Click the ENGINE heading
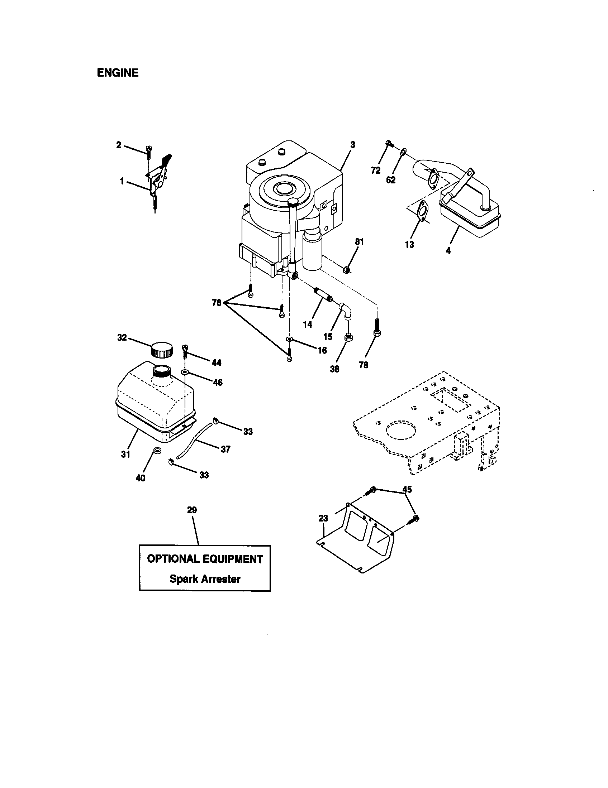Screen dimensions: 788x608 [118, 73]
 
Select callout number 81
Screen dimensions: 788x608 [359, 242]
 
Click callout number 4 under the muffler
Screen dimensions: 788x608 [448, 251]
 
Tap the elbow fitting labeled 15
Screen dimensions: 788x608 [346, 311]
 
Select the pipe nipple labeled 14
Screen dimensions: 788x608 [324, 295]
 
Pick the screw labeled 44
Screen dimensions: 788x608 [185, 350]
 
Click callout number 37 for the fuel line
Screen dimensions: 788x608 [225, 449]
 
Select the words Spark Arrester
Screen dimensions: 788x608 [205, 579]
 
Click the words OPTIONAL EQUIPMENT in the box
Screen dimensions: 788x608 [205, 559]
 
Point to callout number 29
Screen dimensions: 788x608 [192, 510]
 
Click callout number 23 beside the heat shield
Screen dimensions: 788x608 [323, 519]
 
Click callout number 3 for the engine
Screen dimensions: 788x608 [352, 145]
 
